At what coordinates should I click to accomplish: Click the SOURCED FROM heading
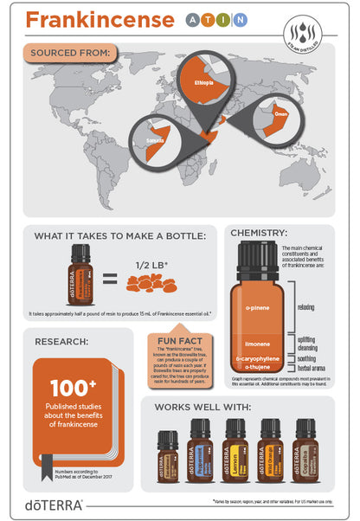[x=69, y=54]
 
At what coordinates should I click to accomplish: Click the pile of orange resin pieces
[x=152, y=283]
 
